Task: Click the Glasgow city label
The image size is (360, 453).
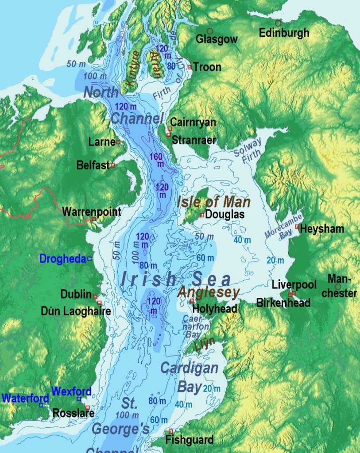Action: (x=217, y=39)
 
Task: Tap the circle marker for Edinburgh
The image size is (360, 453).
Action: (x=278, y=23)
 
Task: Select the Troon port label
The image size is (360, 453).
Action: (x=207, y=67)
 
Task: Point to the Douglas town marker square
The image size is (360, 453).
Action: (x=202, y=215)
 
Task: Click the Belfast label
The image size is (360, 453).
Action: (x=93, y=165)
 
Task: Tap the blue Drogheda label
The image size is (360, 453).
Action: (x=62, y=259)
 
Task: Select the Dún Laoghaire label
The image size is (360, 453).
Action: (x=76, y=312)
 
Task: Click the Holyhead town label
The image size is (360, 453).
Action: (x=215, y=309)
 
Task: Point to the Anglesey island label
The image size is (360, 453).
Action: (x=209, y=292)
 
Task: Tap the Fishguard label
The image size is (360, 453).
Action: (x=189, y=440)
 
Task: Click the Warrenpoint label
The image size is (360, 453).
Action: (x=92, y=211)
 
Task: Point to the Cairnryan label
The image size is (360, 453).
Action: (x=193, y=122)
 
